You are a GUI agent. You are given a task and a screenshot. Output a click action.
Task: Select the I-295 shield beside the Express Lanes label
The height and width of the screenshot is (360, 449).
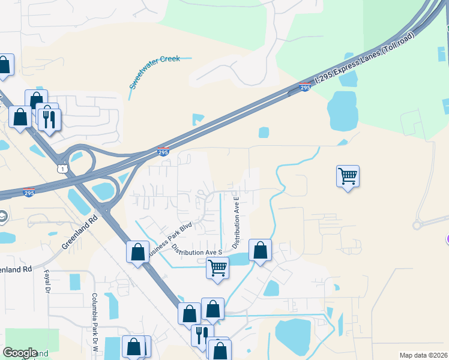coord(305,88)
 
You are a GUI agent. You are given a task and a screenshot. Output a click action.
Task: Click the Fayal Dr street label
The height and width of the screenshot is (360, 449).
coord(46,281)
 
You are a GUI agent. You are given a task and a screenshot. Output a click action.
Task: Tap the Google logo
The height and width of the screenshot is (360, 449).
coord(20,353)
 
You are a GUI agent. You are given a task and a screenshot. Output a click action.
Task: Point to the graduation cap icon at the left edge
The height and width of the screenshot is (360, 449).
coord(2,216)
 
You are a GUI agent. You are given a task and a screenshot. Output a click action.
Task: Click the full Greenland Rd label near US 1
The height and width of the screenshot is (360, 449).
coord(79,233)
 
